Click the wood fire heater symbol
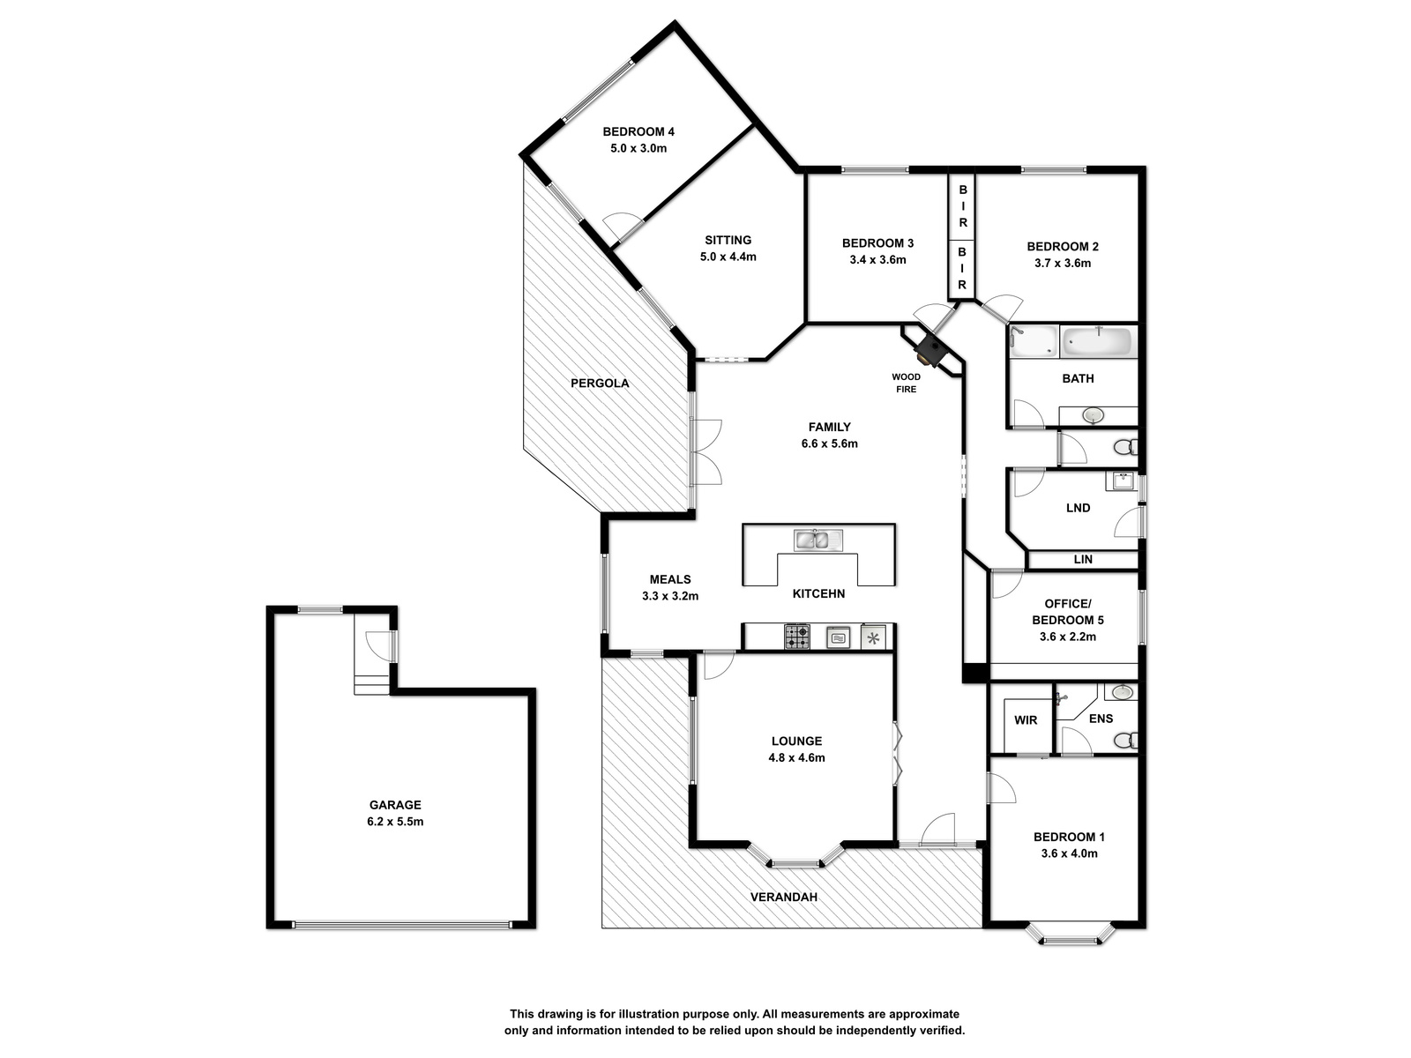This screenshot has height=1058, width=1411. (929, 351)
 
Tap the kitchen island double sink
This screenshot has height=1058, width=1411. (817, 540)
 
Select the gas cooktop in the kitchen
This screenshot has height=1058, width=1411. (796, 637)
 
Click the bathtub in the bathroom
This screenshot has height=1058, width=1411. (1098, 342)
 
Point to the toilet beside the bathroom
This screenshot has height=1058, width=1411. (1125, 446)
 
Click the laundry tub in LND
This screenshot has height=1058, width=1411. (1121, 481)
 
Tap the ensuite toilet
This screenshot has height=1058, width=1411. (1125, 741)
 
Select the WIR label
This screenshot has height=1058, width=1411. (1026, 720)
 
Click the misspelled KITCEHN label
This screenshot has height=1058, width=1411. (818, 593)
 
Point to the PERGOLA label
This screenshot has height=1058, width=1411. (600, 384)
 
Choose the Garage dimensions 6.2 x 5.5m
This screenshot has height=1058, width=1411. (395, 821)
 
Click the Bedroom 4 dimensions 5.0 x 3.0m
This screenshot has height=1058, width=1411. (638, 148)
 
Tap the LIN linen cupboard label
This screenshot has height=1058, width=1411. (1083, 560)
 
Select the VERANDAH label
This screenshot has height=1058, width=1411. (784, 897)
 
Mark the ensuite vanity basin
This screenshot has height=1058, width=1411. (1123, 692)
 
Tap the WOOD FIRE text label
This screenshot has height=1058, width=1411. (907, 383)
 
